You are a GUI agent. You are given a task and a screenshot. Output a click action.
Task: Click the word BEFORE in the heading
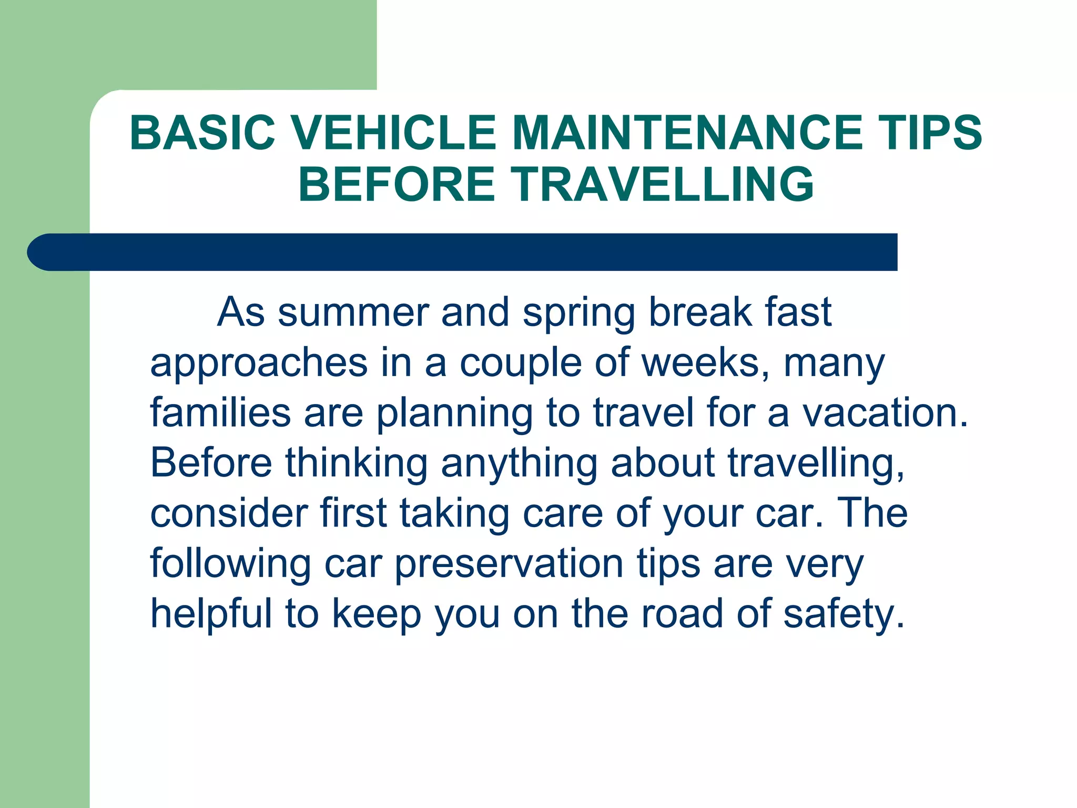click(x=397, y=184)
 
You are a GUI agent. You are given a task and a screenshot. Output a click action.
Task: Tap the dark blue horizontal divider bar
click(x=463, y=252)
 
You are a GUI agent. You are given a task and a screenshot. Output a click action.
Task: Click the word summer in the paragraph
click(x=353, y=312)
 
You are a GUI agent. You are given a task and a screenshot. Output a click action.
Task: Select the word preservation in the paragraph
click(x=509, y=564)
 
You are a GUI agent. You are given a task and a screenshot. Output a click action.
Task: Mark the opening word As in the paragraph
click(x=241, y=312)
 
